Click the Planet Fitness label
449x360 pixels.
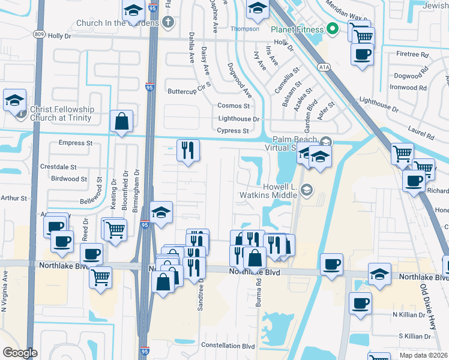297,29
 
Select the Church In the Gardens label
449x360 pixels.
118,24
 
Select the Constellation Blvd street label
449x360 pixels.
228,346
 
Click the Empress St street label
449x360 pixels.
75,143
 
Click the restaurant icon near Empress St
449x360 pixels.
188,150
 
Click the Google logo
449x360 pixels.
20,353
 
